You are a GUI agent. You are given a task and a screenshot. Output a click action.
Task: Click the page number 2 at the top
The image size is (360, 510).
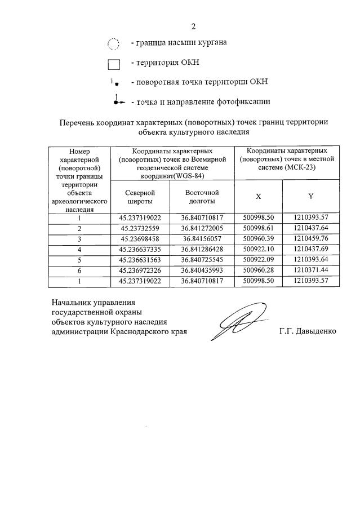tap(193, 26)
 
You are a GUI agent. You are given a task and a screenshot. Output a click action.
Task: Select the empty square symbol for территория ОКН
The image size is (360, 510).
tap(114, 64)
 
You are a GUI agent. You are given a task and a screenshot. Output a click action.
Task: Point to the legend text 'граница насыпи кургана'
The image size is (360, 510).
tap(179, 43)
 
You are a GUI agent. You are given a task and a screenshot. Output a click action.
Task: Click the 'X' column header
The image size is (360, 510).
tap(258, 197)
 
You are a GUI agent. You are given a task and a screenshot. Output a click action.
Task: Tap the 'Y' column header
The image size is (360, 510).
tap(310, 197)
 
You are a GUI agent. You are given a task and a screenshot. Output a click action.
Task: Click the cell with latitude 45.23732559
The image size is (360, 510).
tap(140, 228)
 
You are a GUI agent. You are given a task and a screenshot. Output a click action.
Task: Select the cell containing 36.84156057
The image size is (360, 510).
tap(202, 239)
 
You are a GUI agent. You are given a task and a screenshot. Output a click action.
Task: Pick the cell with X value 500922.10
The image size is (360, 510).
tap(258, 249)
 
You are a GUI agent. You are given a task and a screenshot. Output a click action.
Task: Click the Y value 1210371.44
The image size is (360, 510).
tap(310, 270)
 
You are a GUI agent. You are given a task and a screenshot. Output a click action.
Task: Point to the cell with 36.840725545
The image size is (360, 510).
tap(202, 260)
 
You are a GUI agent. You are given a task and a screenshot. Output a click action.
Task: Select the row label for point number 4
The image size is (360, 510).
tap(79, 249)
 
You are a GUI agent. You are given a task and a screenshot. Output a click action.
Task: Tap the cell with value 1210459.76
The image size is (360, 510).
tap(310, 239)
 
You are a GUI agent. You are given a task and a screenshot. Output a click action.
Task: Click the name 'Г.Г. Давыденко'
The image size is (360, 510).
tap(307, 331)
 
